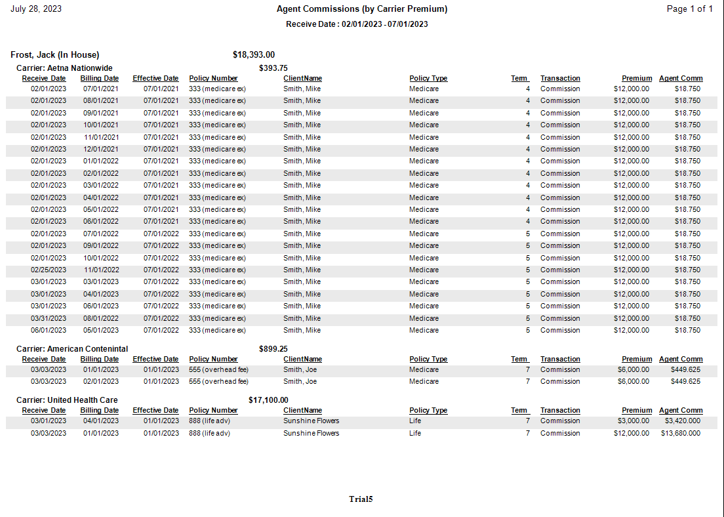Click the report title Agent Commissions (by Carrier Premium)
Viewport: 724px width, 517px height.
click(362, 9)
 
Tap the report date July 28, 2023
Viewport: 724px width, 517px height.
click(36, 9)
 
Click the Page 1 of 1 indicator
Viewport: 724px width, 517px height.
click(689, 9)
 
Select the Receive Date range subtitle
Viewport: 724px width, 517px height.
click(357, 24)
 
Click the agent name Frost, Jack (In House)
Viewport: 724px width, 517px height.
click(55, 55)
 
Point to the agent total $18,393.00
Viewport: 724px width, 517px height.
click(254, 55)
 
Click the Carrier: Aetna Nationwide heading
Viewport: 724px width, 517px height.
click(64, 68)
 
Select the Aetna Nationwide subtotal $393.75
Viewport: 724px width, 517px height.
click(273, 68)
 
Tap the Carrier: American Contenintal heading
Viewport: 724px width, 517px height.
click(72, 349)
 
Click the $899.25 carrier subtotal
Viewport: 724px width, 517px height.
click(273, 349)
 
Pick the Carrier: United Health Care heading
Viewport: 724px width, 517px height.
click(67, 400)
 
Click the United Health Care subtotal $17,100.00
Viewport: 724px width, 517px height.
click(268, 400)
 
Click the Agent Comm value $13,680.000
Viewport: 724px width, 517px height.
click(681, 434)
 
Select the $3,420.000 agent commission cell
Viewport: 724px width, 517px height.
click(682, 421)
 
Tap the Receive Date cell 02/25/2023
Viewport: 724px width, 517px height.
click(49, 270)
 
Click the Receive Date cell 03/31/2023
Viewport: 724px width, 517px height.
click(49, 318)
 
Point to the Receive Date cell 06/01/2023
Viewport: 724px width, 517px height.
click(49, 331)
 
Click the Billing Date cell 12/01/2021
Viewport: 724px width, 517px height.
click(101, 150)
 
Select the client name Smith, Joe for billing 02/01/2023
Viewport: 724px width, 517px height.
click(300, 382)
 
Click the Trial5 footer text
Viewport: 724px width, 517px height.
click(361, 499)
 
